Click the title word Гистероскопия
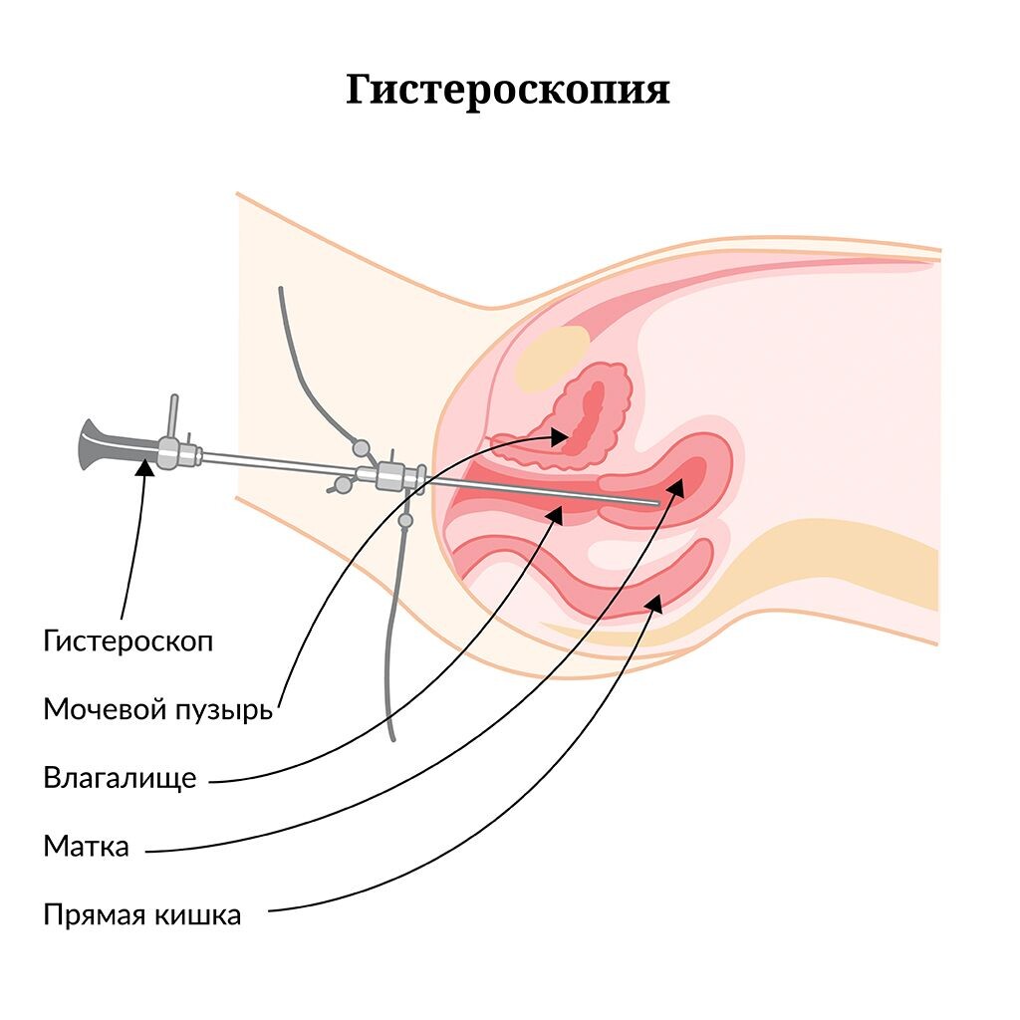508,90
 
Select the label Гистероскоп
127,640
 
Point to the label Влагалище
120,778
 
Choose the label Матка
87,847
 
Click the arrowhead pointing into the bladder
561,435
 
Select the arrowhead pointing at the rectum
653,601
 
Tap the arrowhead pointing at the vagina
557,515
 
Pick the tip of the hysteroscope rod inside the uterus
654,503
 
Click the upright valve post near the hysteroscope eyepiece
173,416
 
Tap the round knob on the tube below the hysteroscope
405,520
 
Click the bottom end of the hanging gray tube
391,738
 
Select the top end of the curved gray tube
281,290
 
